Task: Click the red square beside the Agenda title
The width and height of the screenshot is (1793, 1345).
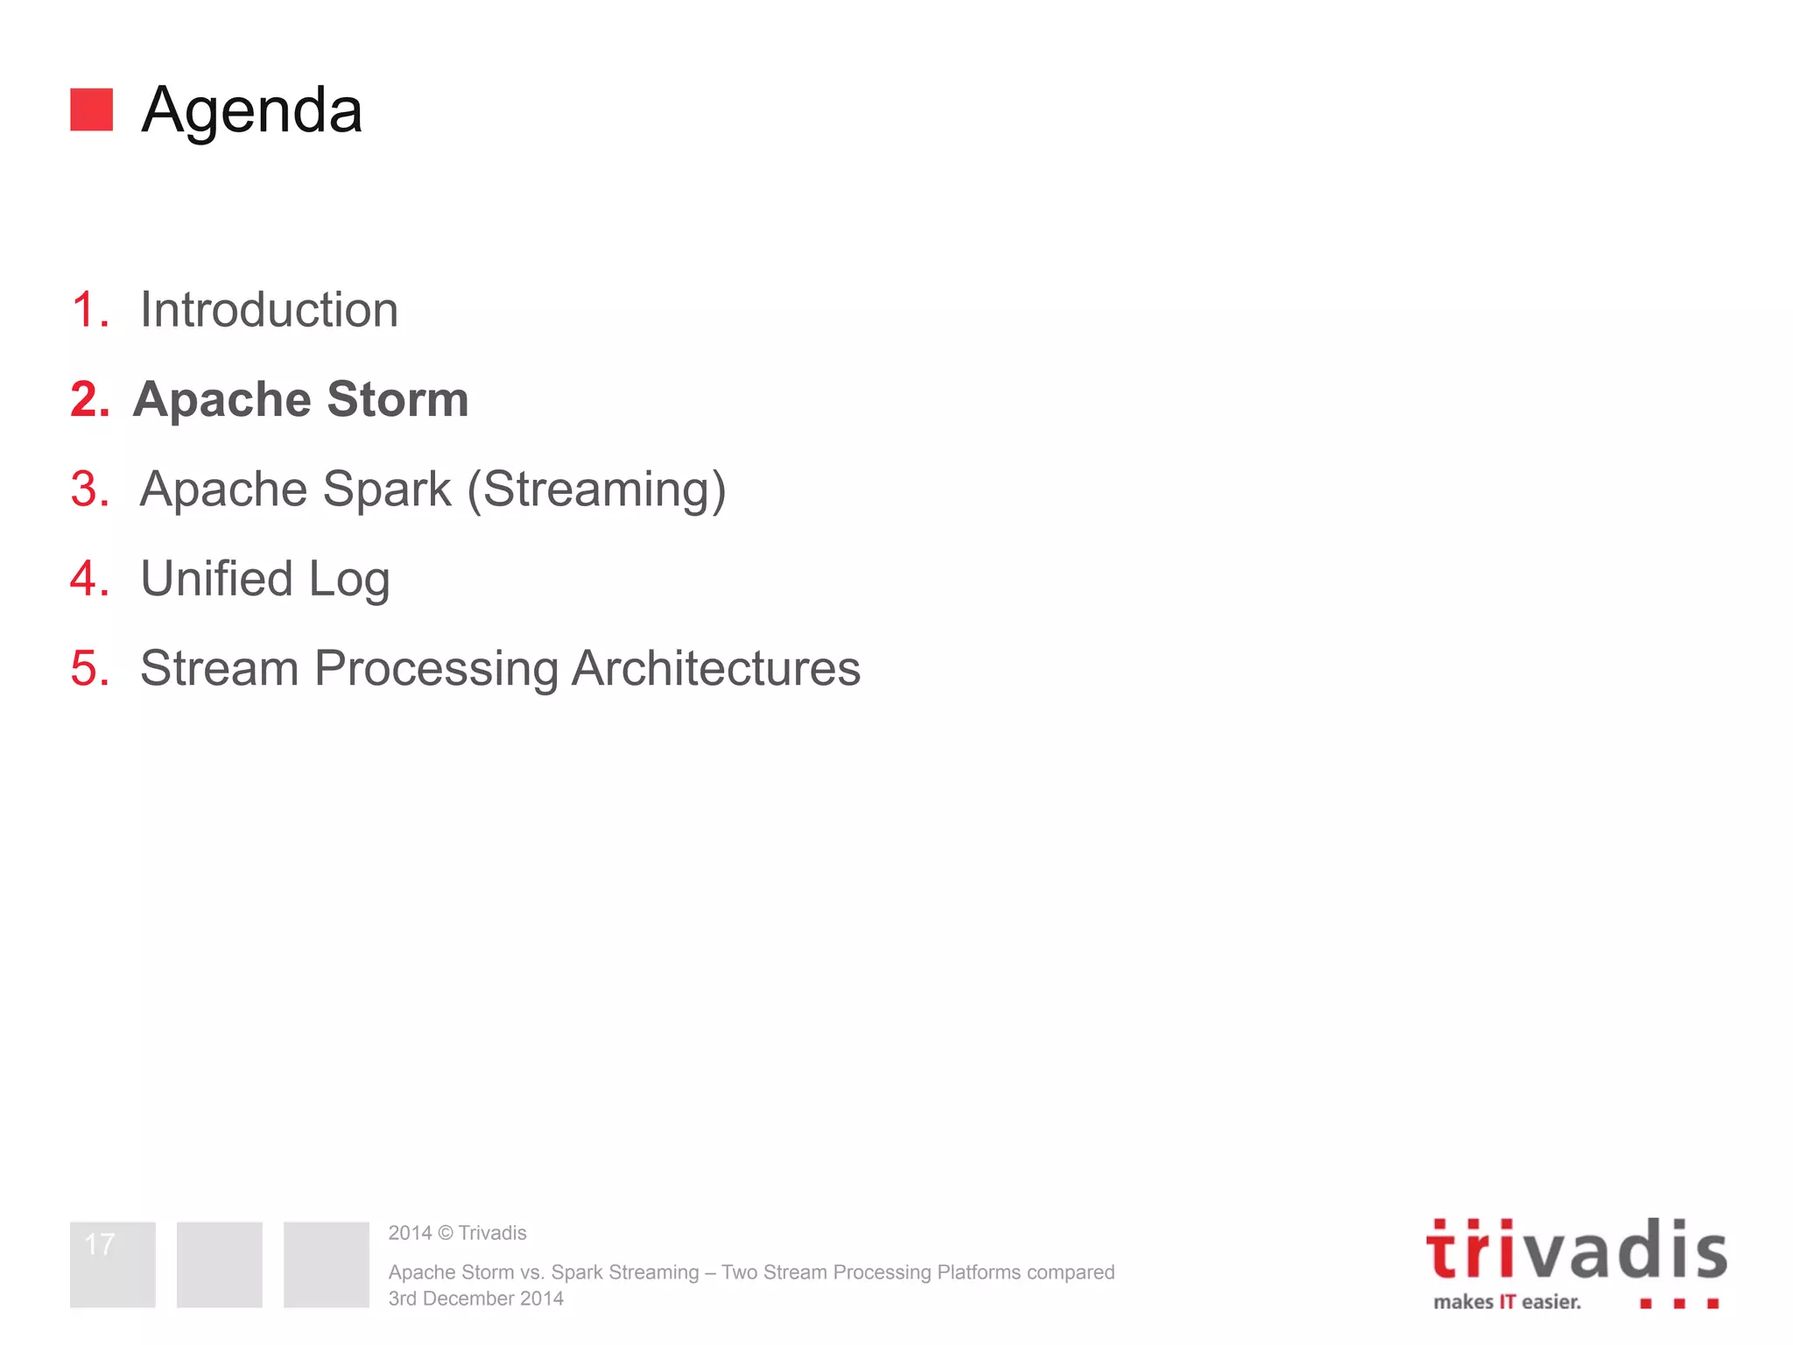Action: point(91,109)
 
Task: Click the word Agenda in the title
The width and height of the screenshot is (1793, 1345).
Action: point(252,111)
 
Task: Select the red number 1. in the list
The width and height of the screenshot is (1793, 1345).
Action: point(90,310)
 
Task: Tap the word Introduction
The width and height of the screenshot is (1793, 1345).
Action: point(269,310)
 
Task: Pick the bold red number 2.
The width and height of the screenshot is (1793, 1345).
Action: point(90,399)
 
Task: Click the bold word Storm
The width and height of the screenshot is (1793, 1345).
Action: point(398,399)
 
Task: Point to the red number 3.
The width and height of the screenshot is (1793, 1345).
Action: point(90,489)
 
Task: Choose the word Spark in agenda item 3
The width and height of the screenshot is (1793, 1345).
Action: point(387,490)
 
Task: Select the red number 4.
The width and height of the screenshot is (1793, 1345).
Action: point(90,579)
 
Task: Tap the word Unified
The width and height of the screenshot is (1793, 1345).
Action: point(216,579)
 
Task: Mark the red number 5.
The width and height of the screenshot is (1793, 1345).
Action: point(90,668)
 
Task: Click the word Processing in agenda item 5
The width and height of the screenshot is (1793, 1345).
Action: point(436,670)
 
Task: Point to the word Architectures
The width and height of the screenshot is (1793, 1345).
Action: point(716,668)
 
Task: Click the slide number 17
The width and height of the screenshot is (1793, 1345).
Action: point(101,1244)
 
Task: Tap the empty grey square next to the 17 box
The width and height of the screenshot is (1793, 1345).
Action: point(220,1264)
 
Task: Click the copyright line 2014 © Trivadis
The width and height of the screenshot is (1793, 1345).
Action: point(457,1233)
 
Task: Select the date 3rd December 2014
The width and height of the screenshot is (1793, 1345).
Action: point(476,1299)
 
